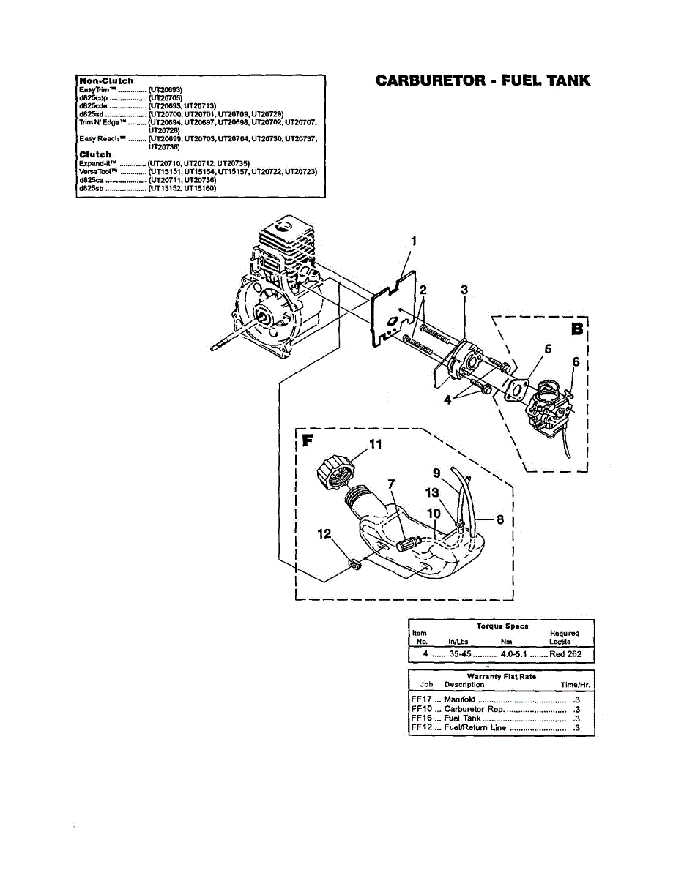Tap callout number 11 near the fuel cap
pos(375,443)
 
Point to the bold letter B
pos(576,329)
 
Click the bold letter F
pos(308,441)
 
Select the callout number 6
pos(576,361)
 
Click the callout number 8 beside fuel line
pos(500,519)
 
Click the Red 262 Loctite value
pos(565,653)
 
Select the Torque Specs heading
pos(502,626)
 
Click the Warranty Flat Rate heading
pos(502,677)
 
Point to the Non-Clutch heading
pos(106,80)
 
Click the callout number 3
pos(464,290)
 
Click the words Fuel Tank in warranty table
pos(463,718)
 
